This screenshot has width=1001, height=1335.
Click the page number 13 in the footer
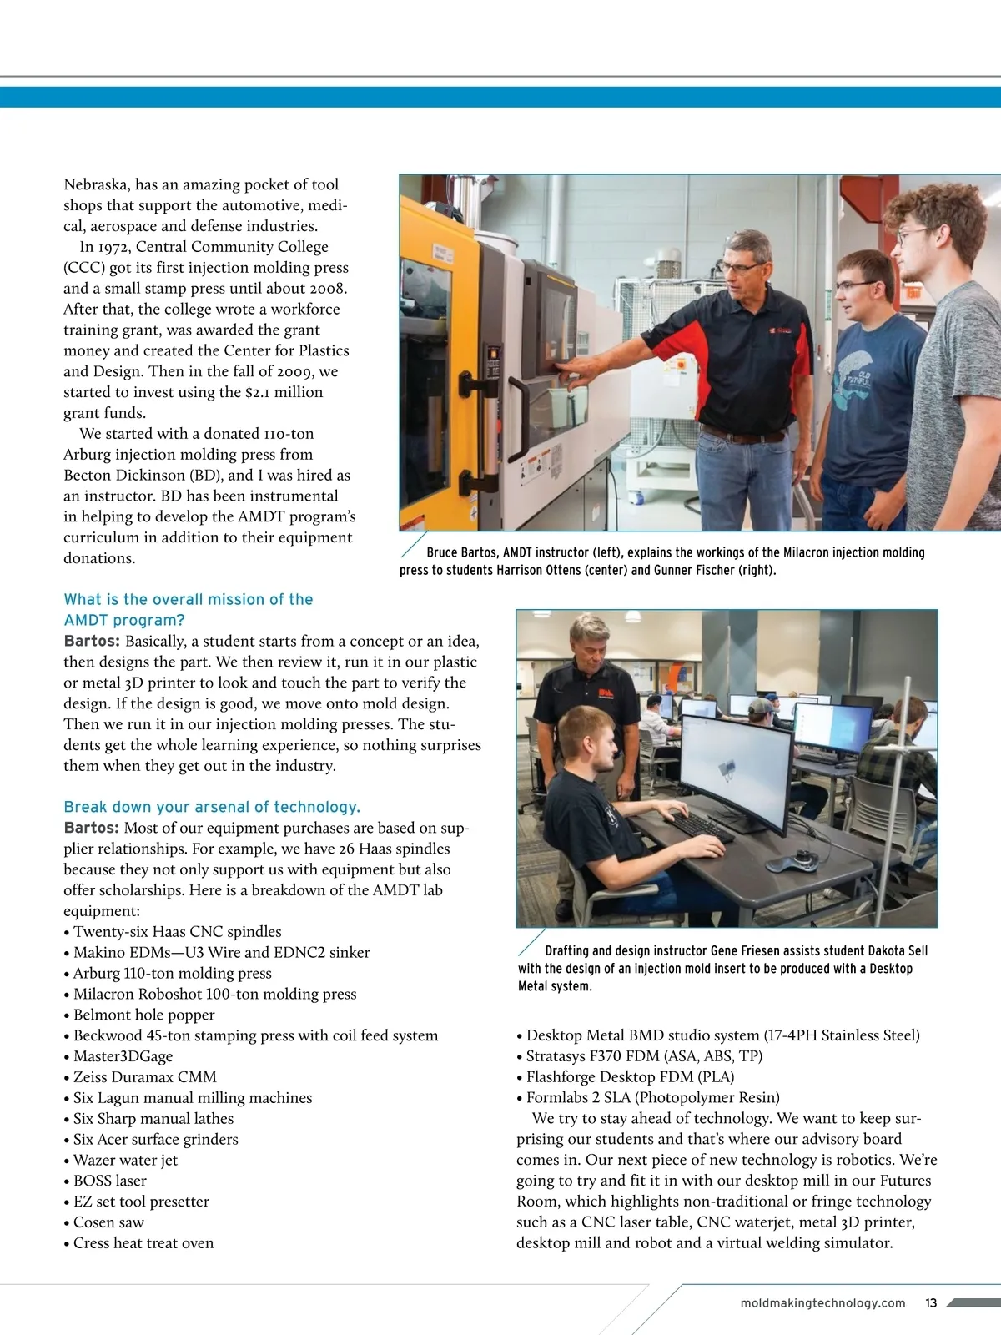931,1303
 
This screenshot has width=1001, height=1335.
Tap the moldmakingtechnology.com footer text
822,1303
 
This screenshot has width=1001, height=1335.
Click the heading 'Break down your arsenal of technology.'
212,807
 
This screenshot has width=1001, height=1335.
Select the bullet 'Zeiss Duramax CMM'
144,1077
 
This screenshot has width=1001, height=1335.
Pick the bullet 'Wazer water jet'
125,1160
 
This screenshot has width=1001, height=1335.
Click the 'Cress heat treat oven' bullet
143,1243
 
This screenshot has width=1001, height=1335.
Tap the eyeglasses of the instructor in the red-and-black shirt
738,268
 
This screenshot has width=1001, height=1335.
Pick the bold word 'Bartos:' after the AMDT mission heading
92,642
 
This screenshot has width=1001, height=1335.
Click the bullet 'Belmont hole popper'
143,1015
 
